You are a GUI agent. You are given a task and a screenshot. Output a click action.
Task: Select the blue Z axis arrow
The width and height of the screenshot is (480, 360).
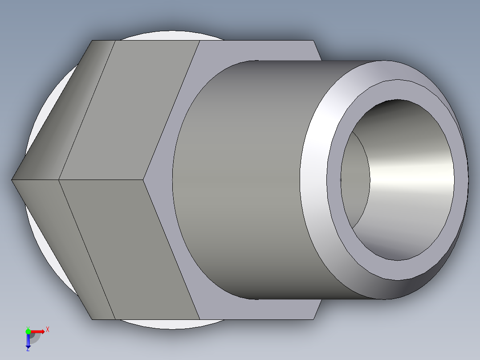28,341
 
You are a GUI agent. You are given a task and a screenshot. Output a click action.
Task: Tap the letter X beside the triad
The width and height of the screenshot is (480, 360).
48,330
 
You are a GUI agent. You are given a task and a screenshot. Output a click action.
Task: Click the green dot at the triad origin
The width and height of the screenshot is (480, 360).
28,331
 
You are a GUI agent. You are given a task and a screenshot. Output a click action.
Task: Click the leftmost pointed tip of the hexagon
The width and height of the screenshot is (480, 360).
12,180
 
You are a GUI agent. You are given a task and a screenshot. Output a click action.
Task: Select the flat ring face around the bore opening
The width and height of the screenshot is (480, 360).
334,178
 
